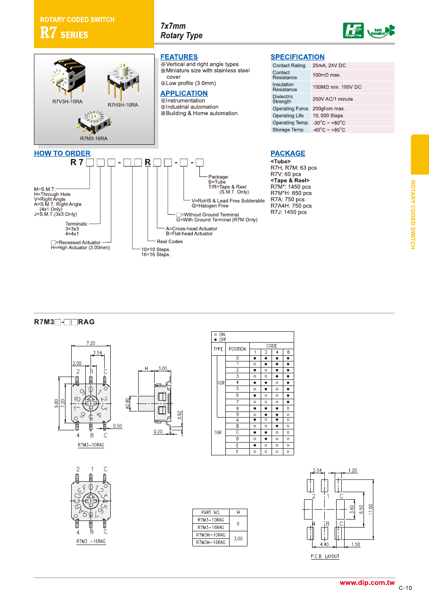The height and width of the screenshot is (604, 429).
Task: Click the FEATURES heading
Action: click(179, 57)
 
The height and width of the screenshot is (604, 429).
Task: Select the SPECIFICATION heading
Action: click(297, 57)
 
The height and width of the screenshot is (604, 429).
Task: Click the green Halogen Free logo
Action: click(353, 31)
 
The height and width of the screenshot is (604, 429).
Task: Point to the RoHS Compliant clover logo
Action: click(382, 31)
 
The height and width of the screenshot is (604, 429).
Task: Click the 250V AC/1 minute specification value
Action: click(332, 99)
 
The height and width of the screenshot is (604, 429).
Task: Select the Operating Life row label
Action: click(288, 116)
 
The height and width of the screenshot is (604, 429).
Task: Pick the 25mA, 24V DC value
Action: click(329, 66)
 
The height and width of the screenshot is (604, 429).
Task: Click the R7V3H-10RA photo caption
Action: click(67, 101)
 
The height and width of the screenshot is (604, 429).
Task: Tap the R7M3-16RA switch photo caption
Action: click(93, 138)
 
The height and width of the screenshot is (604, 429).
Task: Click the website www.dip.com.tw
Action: click(367, 583)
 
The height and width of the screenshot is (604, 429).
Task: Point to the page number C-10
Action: click(405, 588)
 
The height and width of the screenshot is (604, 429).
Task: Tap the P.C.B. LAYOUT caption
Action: click(325, 556)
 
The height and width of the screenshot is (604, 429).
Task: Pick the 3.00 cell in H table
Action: click(238, 538)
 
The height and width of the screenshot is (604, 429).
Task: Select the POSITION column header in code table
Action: click(237, 349)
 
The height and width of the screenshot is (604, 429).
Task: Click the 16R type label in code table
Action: click(218, 432)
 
